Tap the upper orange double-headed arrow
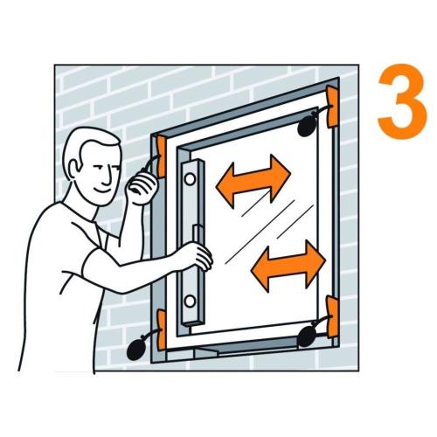point(253,181)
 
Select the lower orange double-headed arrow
point(288,266)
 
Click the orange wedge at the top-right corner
point(332,107)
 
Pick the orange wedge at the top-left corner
point(161,156)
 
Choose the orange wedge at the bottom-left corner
point(162,330)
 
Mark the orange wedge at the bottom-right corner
point(332,316)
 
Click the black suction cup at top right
point(308,127)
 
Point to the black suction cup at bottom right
point(308,336)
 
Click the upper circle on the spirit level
point(190,179)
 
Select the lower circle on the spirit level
point(190,301)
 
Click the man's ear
point(73,169)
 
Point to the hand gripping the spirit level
point(199,256)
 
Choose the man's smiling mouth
point(102,190)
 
